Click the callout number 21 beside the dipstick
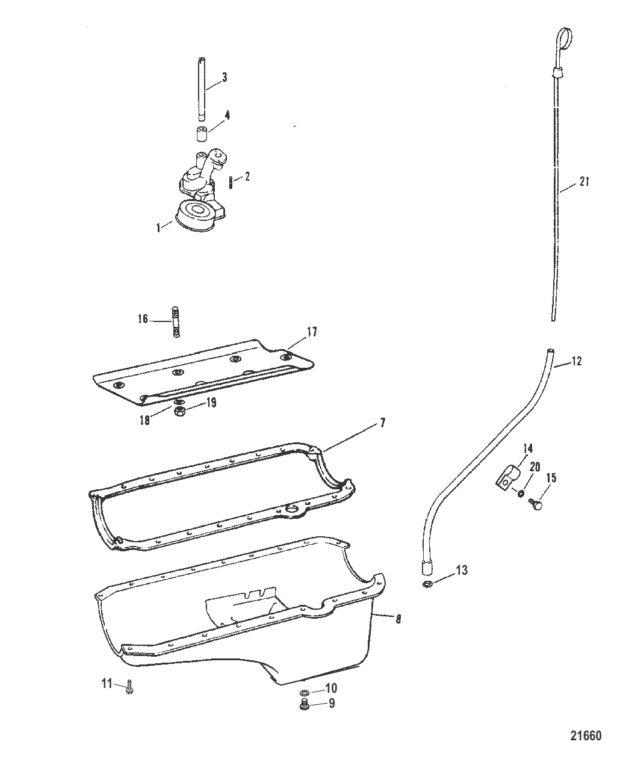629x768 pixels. click(584, 182)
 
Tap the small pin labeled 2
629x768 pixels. click(231, 181)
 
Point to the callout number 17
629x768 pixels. click(311, 332)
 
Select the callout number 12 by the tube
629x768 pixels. click(576, 361)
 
